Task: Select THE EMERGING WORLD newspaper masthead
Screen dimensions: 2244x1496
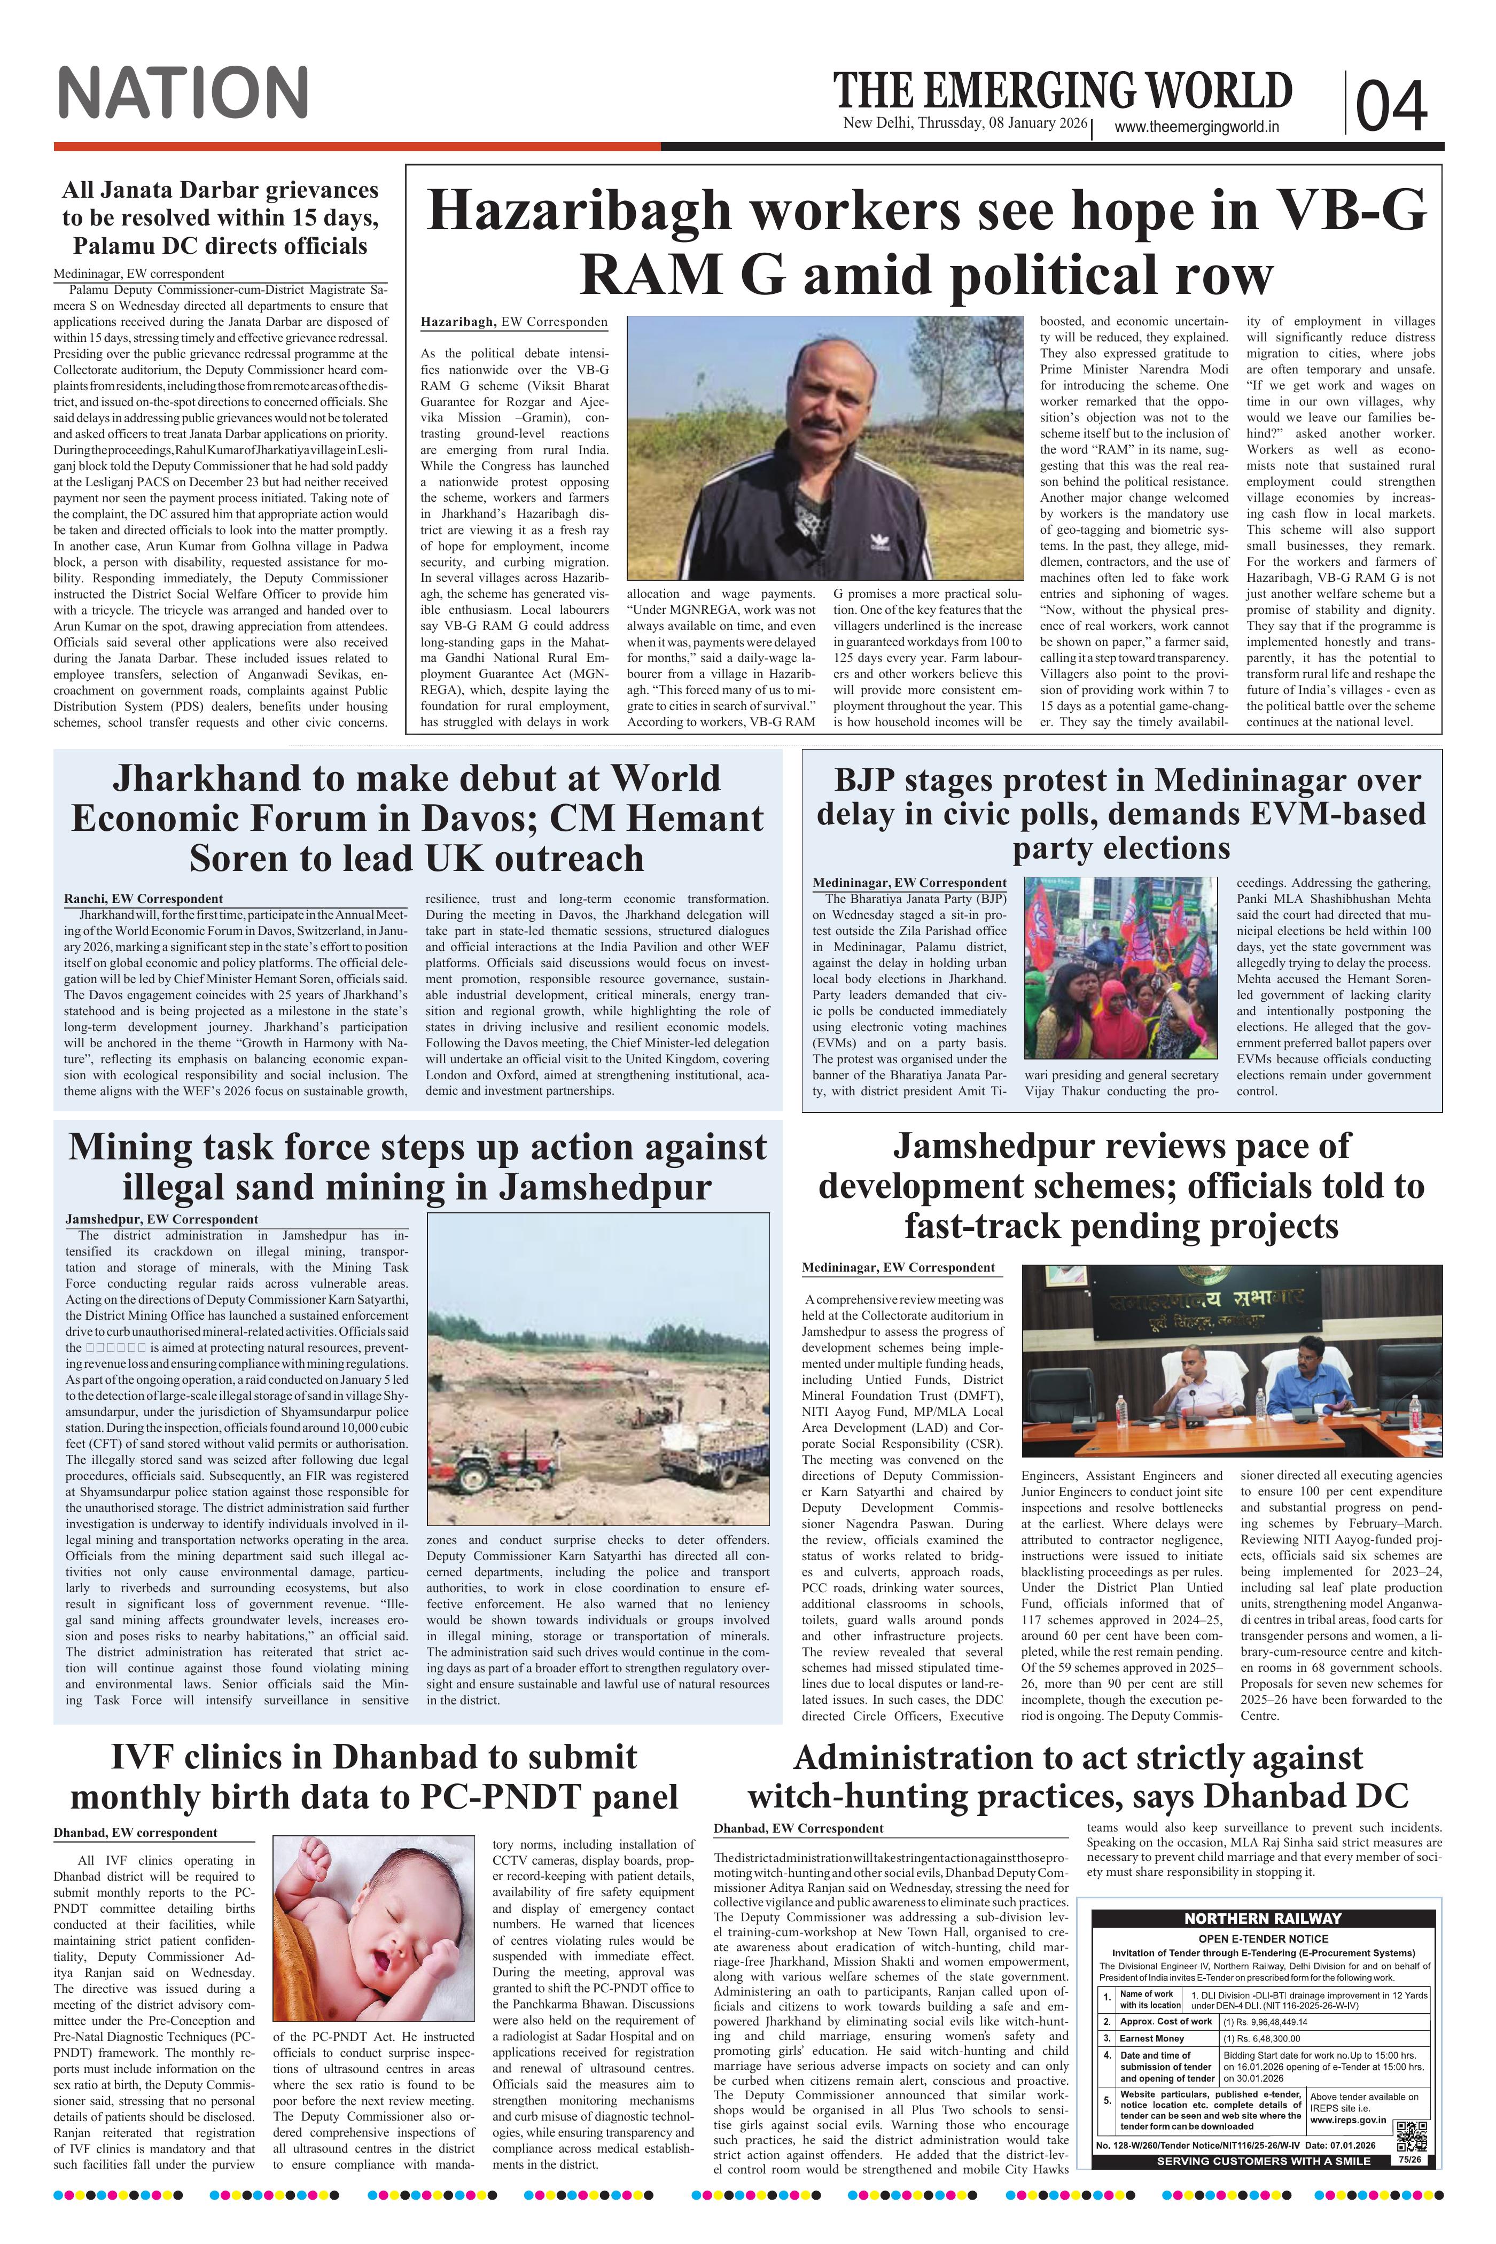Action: pos(1063,91)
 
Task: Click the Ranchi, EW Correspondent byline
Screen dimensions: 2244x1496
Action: pos(143,898)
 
